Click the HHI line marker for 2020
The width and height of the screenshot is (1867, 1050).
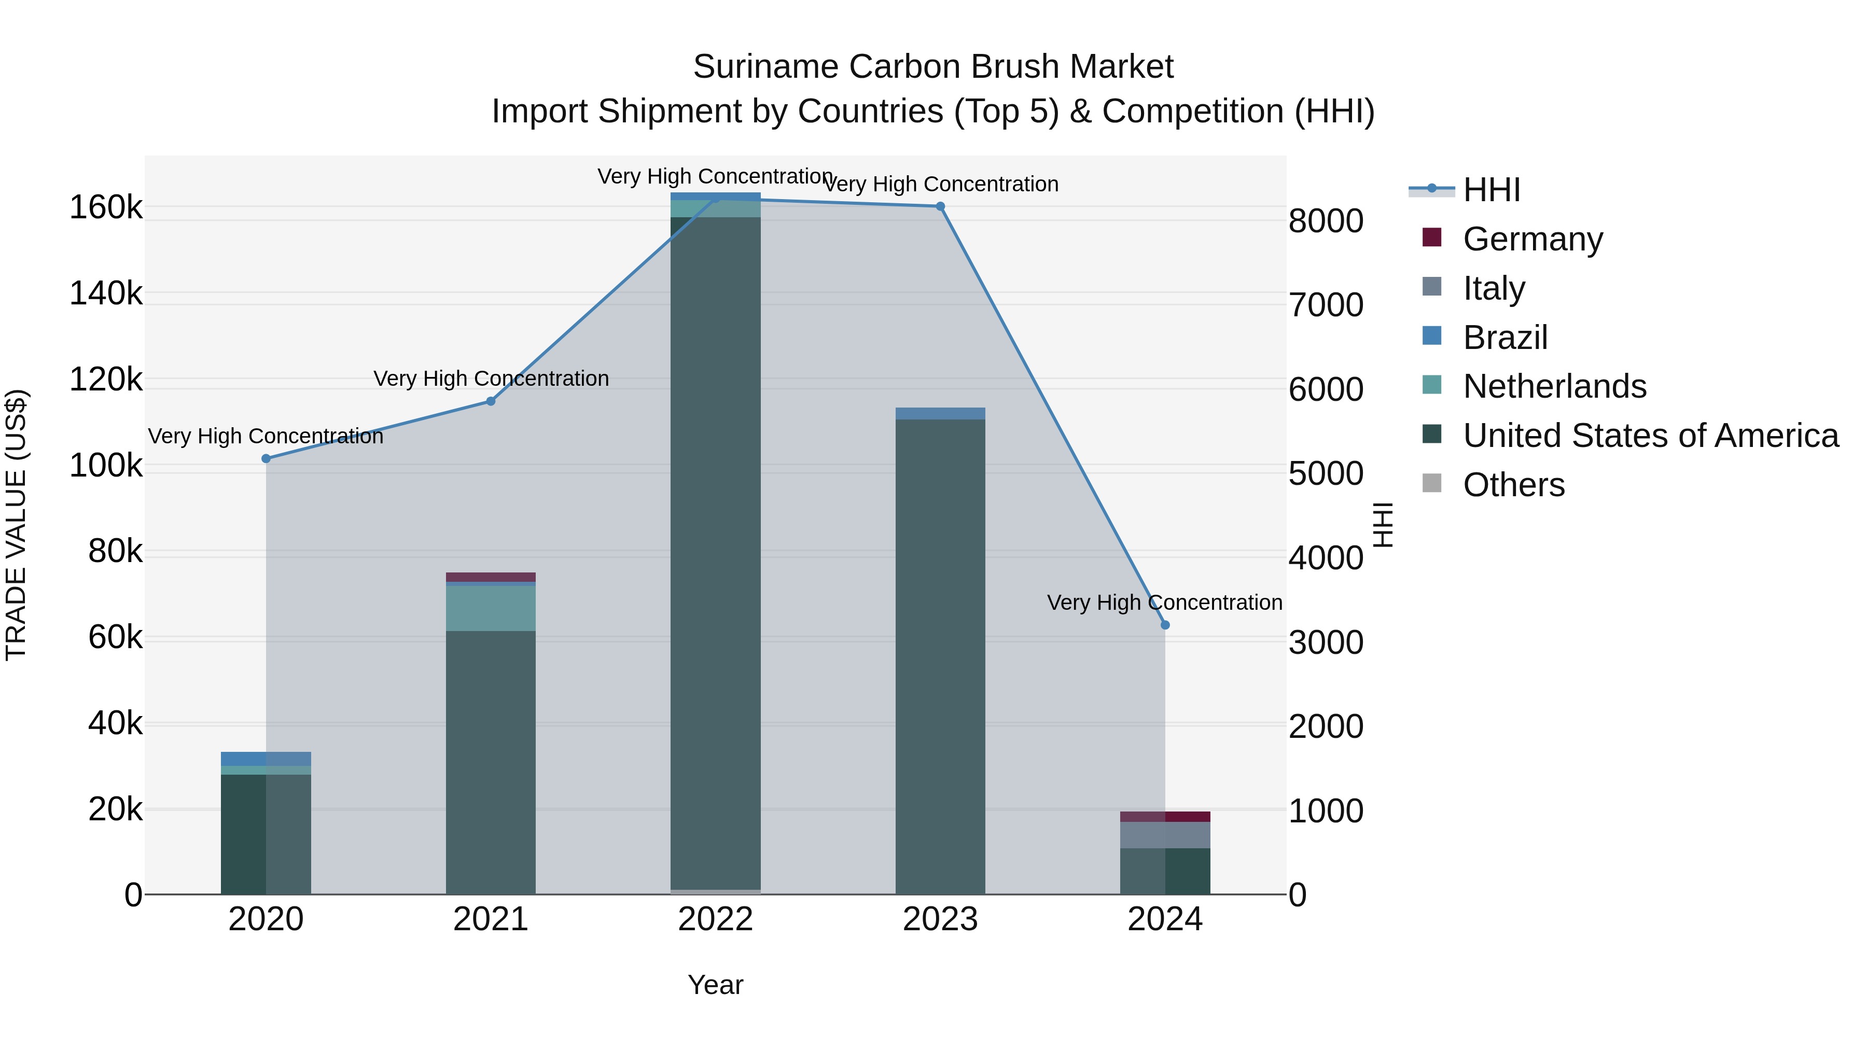click(x=266, y=459)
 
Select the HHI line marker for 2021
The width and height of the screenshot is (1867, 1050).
click(x=491, y=401)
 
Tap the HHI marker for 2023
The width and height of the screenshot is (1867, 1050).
click(x=940, y=206)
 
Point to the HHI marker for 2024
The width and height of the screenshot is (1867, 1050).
click(x=1165, y=625)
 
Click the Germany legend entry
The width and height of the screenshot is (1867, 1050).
click(x=1532, y=239)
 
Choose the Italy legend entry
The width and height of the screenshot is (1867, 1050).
click(x=1493, y=288)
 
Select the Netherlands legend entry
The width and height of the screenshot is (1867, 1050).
click(x=1554, y=386)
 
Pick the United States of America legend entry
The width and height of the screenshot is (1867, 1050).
click(x=1650, y=436)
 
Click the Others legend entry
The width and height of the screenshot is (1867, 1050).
click(x=1513, y=485)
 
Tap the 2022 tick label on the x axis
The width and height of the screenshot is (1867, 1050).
click(x=715, y=919)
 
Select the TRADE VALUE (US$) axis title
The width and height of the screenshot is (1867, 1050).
click(x=17, y=525)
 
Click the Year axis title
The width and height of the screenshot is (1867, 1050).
click(x=715, y=985)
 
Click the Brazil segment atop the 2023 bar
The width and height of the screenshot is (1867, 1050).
click(x=940, y=414)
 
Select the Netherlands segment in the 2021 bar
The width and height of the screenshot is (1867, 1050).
click(x=491, y=608)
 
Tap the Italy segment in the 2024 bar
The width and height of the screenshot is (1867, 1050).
click(x=1165, y=835)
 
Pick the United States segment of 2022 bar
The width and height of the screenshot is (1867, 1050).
click(x=715, y=551)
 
